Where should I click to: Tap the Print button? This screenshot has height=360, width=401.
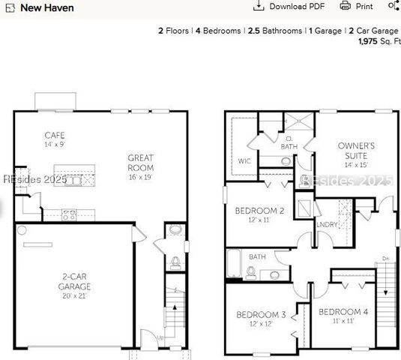[x=357, y=6]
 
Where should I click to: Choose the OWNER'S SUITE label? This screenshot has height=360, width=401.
[x=356, y=151]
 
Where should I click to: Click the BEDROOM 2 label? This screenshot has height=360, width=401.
[x=259, y=211]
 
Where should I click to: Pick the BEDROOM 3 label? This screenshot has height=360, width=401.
[x=261, y=315]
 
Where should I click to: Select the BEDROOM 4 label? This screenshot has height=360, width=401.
[x=343, y=311]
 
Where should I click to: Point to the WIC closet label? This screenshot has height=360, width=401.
[x=244, y=160]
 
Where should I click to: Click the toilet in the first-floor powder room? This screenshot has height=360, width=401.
[x=175, y=262]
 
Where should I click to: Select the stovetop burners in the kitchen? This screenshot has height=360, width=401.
[x=68, y=214]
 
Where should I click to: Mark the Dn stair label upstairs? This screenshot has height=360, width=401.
[x=385, y=259]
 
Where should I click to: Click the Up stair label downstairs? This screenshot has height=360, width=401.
[x=159, y=338]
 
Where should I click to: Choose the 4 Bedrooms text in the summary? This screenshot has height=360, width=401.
[x=218, y=31]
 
